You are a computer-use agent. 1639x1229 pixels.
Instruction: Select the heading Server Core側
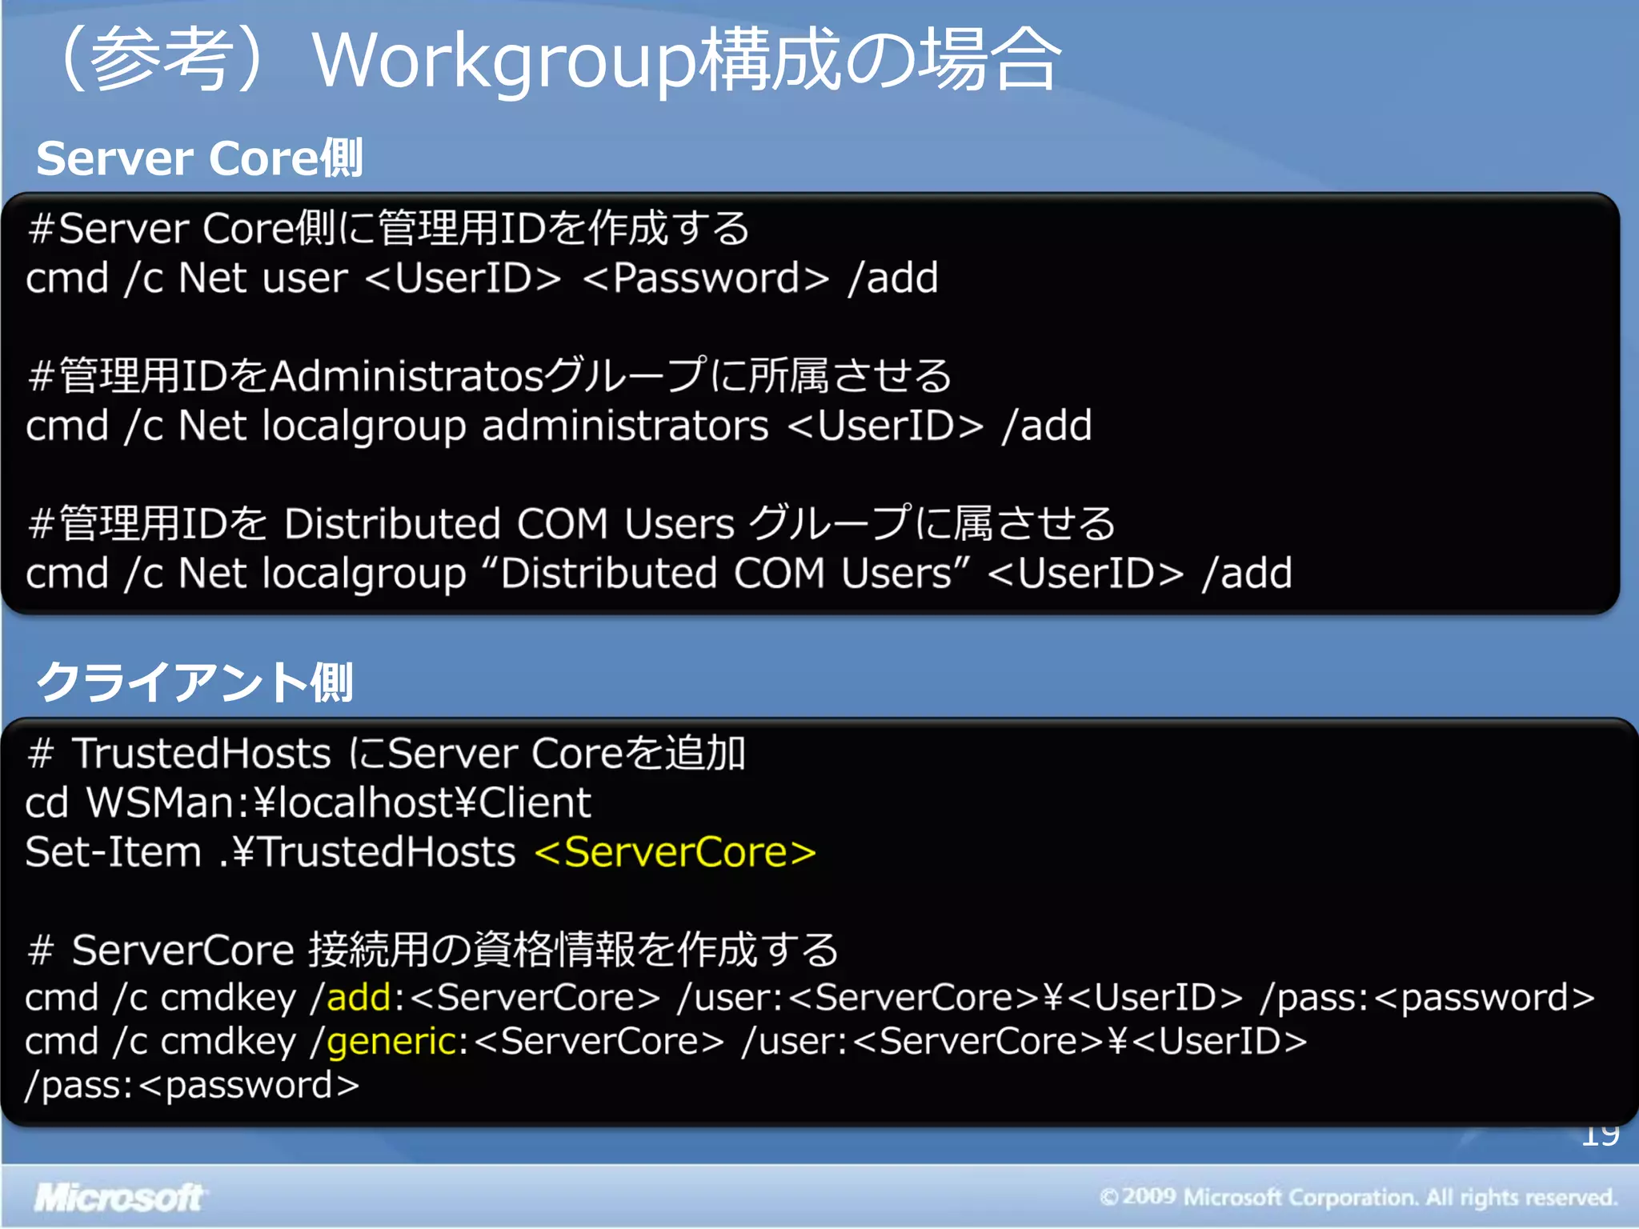coord(199,158)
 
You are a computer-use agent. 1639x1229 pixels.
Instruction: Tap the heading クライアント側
coord(194,683)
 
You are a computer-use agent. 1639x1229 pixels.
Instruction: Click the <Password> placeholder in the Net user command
coord(706,278)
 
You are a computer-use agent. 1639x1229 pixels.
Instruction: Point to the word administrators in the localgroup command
coord(625,426)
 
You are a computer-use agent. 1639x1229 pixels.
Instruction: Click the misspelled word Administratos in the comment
coord(407,376)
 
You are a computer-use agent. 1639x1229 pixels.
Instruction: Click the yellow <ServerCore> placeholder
coord(675,852)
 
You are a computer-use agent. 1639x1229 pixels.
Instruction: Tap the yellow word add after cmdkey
coord(359,998)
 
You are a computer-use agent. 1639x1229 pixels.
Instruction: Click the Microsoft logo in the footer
coord(118,1197)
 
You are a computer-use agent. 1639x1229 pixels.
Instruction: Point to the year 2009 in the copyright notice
coord(1149,1197)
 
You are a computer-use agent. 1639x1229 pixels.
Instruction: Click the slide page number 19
coord(1600,1135)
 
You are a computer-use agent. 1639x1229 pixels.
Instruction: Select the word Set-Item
coord(113,852)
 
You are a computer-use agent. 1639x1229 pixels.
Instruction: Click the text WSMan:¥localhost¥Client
coord(339,803)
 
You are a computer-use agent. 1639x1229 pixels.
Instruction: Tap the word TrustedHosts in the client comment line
coord(201,754)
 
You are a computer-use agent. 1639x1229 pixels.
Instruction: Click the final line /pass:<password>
coord(192,1086)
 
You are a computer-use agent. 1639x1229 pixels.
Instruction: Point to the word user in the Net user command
coord(305,278)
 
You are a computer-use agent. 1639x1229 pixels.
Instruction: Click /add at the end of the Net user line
coord(892,278)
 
